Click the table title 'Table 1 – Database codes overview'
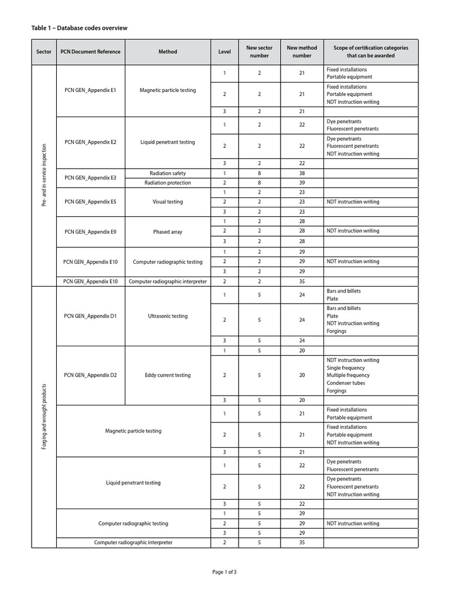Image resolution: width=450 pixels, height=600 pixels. tap(79, 28)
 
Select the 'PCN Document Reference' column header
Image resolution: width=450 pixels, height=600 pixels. tap(90, 52)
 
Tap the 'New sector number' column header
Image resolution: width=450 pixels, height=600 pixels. tap(259, 52)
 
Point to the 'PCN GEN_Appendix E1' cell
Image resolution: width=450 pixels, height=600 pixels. tap(90, 90)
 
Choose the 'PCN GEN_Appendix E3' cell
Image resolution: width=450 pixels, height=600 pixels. tap(90, 178)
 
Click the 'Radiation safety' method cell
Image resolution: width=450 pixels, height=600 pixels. tap(167, 173)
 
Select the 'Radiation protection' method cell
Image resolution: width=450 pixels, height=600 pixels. tap(167, 183)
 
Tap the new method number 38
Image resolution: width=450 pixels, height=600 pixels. tap(302, 173)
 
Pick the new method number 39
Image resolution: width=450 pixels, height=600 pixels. tap(302, 183)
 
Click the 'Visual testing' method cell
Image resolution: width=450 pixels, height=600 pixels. tap(167, 202)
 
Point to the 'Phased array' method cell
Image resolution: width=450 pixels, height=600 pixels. tap(167, 231)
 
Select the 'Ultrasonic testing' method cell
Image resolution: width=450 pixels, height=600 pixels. tap(167, 316)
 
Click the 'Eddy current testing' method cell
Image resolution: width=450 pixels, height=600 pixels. tap(167, 375)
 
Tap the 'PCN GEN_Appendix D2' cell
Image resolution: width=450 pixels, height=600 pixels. tap(90, 375)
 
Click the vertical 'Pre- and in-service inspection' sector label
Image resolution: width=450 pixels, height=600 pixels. tap(44, 175)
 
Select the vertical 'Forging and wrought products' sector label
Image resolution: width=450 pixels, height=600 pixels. tap(44, 417)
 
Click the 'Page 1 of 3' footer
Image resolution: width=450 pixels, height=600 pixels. tap(224, 572)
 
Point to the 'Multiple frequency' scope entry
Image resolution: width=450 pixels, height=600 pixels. tap(348, 375)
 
